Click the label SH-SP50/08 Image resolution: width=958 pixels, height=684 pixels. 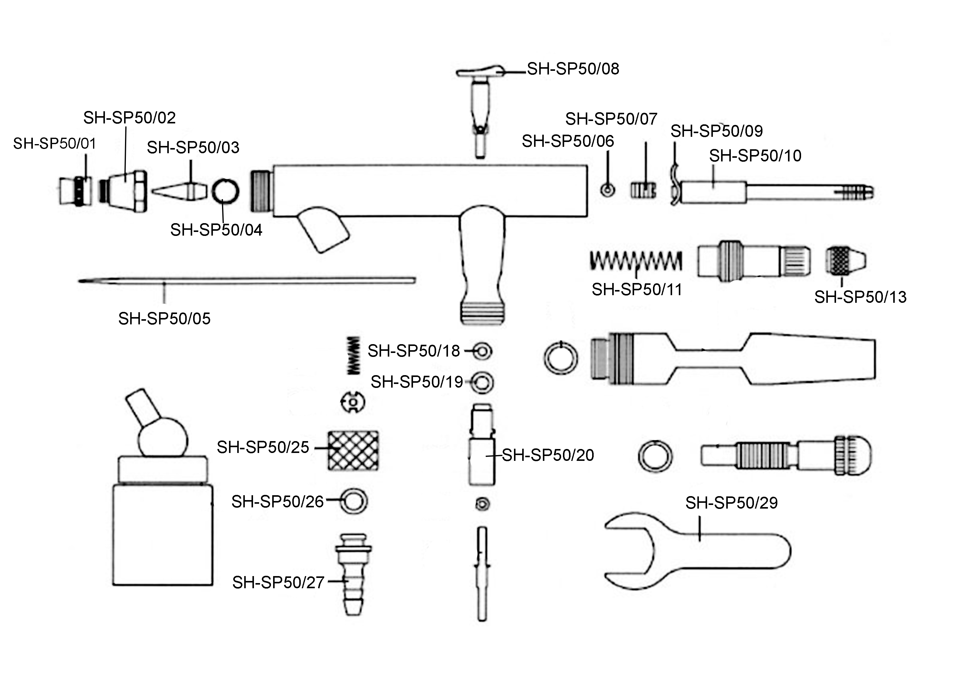point(573,69)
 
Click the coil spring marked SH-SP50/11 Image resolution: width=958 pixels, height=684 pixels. point(635,261)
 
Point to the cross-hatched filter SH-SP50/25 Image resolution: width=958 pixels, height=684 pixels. point(353,450)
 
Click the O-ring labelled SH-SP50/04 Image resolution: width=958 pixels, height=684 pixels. point(225,191)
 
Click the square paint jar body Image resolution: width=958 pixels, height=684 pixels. point(163,535)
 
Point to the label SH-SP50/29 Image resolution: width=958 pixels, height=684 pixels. point(731,503)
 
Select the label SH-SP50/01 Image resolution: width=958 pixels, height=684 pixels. point(55,143)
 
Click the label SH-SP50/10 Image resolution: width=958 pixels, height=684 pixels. point(755,156)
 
